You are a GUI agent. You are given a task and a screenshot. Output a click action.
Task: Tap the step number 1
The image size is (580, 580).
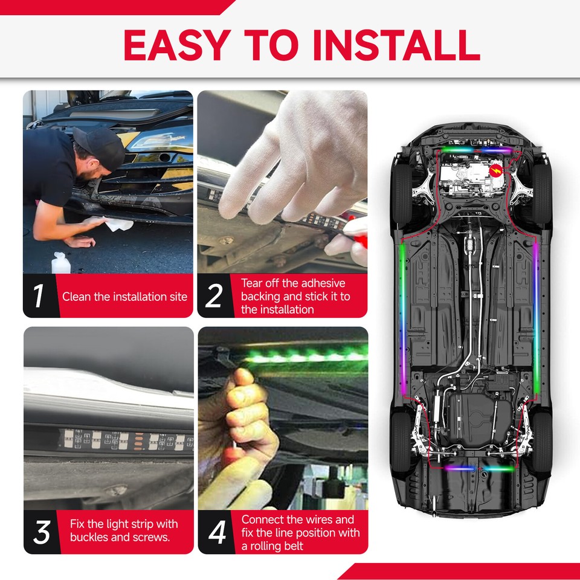click(x=39, y=296)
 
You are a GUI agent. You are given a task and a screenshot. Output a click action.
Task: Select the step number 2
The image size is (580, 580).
click(x=213, y=296)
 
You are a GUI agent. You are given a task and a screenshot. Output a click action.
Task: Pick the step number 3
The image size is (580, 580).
click(x=42, y=532)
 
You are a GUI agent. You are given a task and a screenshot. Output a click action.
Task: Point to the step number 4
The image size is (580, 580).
click(x=216, y=532)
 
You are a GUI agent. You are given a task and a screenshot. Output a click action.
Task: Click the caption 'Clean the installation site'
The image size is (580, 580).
click(x=124, y=297)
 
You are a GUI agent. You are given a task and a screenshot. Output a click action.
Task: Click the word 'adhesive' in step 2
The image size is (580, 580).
click(x=321, y=283)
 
